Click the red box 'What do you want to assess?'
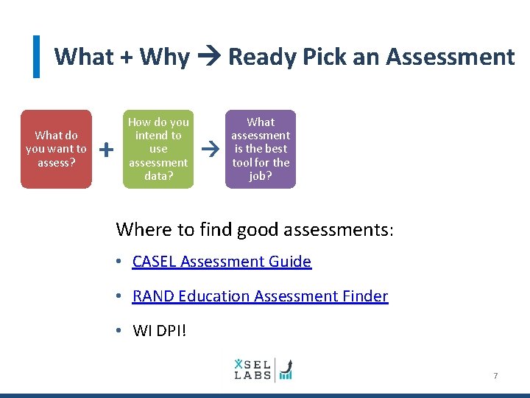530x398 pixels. coord(56,149)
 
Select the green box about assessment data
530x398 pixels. coord(158,149)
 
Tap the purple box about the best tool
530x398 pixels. coord(261,149)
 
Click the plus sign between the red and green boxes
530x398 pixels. coord(106,150)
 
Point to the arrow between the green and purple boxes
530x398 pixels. coord(210,149)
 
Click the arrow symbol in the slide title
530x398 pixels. coord(210,57)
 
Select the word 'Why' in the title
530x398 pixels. coord(164,57)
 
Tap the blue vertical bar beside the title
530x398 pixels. coord(36,57)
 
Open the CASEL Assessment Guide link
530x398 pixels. coord(222,262)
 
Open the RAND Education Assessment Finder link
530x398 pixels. coord(260,296)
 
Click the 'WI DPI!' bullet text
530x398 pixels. coord(159,330)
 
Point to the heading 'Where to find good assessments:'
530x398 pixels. coord(255,229)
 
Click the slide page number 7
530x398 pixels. coord(495,376)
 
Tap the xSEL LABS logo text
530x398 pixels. coord(252,369)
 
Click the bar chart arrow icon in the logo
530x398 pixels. coord(285,369)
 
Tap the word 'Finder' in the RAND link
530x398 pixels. coord(365,296)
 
